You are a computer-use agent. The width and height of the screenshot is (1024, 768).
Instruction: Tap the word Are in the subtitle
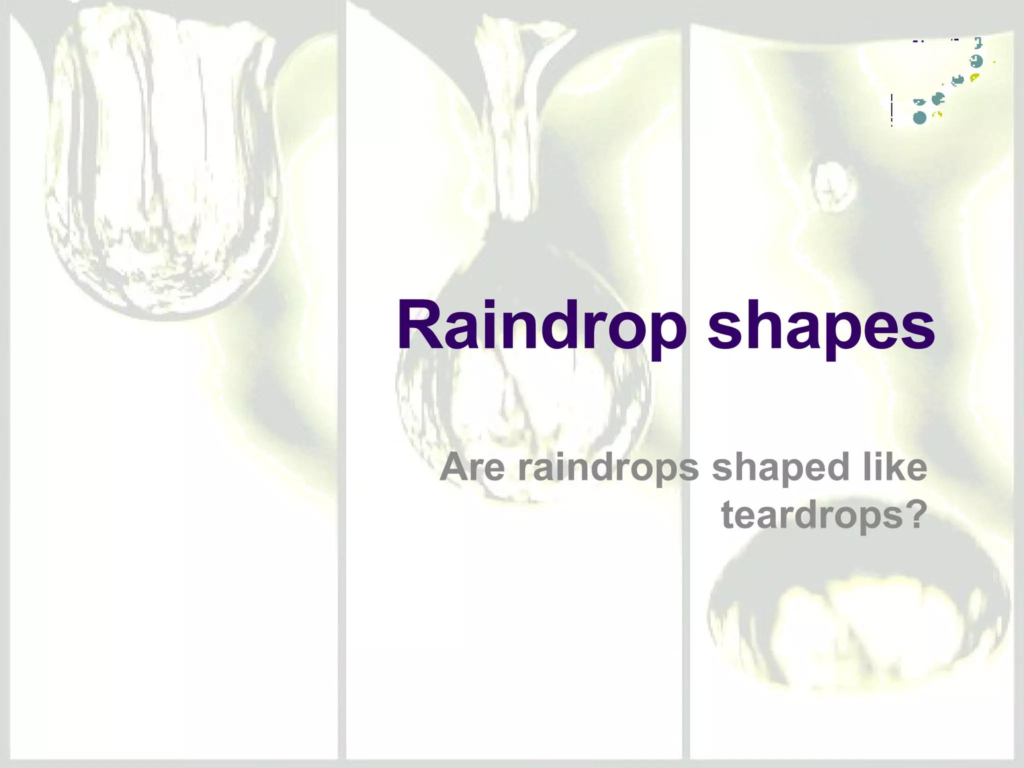[472, 467]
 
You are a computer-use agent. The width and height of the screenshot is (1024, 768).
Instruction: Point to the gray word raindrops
[608, 468]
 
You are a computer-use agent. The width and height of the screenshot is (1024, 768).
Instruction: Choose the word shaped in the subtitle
[780, 468]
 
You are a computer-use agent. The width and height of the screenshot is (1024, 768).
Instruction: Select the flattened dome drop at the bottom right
[857, 625]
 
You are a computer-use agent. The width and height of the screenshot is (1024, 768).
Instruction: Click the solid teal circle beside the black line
[919, 118]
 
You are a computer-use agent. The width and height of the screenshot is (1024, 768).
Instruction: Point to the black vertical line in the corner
[891, 110]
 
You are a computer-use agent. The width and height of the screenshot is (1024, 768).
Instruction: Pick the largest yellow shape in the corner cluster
[974, 77]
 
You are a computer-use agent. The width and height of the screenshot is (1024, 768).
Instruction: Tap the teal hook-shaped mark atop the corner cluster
[978, 43]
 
